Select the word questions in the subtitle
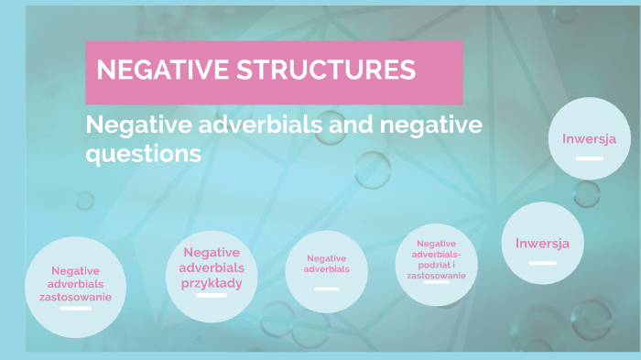(x=143, y=154)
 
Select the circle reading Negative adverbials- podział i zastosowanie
(x=437, y=265)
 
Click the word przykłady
(x=212, y=283)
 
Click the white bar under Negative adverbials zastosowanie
(x=75, y=309)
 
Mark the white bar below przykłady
(x=212, y=297)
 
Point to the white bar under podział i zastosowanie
(x=436, y=282)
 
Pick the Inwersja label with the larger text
(x=542, y=243)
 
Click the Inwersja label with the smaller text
(x=589, y=139)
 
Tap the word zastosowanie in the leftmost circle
(x=75, y=297)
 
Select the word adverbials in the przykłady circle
(x=212, y=267)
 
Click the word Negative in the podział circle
(x=436, y=242)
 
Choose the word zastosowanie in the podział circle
(x=436, y=275)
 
